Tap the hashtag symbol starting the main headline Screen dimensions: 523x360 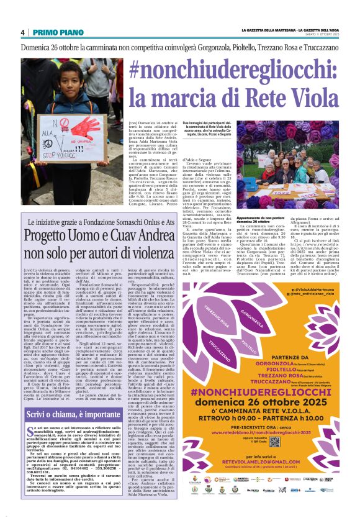[x=137, y=69]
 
